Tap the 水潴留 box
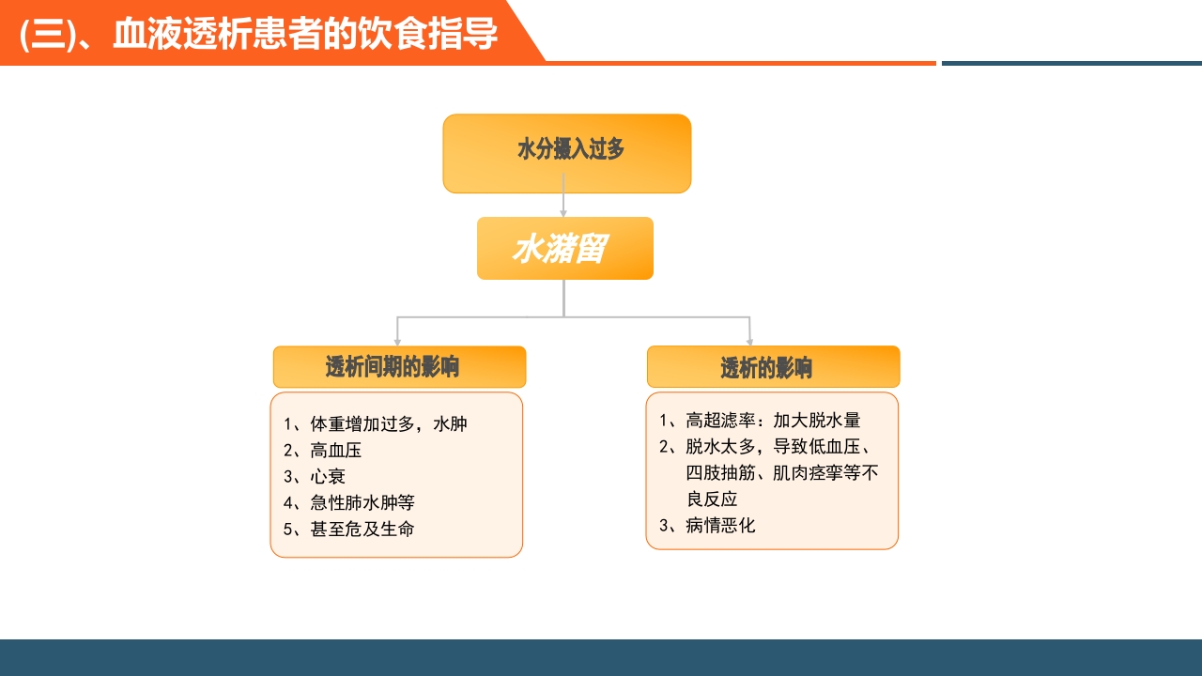pyautogui.click(x=564, y=249)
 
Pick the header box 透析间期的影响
pyautogui.click(x=399, y=367)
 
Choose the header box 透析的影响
pyautogui.click(x=773, y=367)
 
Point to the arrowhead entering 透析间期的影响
pyautogui.click(x=397, y=342)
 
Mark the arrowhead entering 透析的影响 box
pyautogui.click(x=749, y=342)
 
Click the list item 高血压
pyautogui.click(x=335, y=451)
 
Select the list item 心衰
pyautogui.click(x=328, y=477)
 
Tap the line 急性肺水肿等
pyautogui.click(x=362, y=503)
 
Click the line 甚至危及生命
pyautogui.click(x=362, y=530)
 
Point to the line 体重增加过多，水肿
pyautogui.click(x=388, y=424)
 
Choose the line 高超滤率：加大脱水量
pyautogui.click(x=772, y=421)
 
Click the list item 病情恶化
pyautogui.click(x=719, y=526)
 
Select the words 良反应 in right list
pyautogui.click(x=712, y=499)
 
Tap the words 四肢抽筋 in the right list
pyautogui.click(x=720, y=473)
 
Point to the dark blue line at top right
pyautogui.click(x=1071, y=63)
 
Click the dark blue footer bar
pyautogui.click(x=601, y=657)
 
